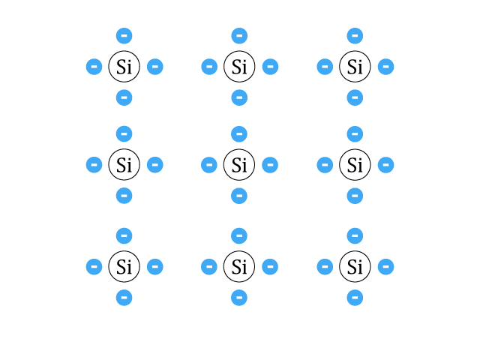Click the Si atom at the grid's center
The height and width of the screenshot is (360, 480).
[x=239, y=165]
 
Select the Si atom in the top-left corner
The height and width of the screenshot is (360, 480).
[x=124, y=67]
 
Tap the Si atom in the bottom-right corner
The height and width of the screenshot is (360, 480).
[x=355, y=267]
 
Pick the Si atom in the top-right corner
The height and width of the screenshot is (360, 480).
[x=355, y=67]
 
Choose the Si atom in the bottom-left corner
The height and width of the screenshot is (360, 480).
[x=124, y=267]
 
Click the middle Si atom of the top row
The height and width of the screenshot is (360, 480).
[x=239, y=67]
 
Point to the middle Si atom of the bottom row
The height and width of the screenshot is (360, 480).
[x=239, y=267]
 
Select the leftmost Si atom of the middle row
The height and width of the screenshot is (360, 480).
[x=124, y=165]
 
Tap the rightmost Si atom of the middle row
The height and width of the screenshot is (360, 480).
[x=355, y=165]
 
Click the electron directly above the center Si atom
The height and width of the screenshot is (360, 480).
[x=239, y=133]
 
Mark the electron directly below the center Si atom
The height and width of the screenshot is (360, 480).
[x=239, y=196]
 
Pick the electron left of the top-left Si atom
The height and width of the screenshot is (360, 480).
[x=94, y=67]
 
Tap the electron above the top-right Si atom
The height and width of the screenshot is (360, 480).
[x=355, y=35]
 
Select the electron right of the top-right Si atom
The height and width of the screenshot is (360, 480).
[x=385, y=67]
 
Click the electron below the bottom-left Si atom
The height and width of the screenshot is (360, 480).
[x=124, y=298]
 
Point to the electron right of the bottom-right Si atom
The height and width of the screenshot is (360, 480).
[x=385, y=267]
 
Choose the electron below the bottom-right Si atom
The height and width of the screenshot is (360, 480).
[x=355, y=298]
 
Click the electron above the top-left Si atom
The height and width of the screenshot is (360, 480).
[x=124, y=35]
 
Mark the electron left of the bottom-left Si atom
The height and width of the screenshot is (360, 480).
[x=94, y=267]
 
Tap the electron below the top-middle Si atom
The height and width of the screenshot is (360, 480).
[x=239, y=97]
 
